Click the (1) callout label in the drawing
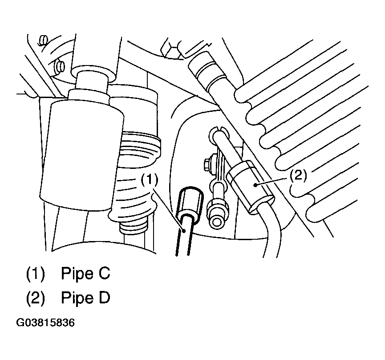tap(149, 180)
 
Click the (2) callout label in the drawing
tap(298, 176)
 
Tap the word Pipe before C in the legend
tap(77, 273)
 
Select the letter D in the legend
tap(104, 297)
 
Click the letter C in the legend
tap(104, 273)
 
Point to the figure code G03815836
tap(45, 323)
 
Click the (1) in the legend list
tap(35, 273)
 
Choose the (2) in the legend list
tap(35, 298)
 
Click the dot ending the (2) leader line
tap(256, 184)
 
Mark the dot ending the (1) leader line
tap(184, 230)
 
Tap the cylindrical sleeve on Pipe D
tap(250, 187)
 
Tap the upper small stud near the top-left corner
tap(44, 40)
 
